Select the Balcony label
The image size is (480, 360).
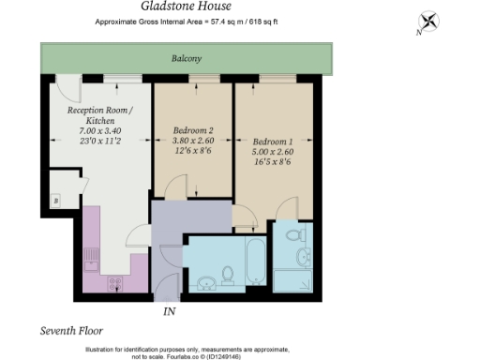[186, 59]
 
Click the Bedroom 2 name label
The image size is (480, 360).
[193, 130]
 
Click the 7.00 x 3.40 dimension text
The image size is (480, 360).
[99, 129]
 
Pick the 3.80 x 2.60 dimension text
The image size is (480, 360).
[193, 142]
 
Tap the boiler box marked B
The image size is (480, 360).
[55, 201]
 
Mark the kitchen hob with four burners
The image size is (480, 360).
[116, 281]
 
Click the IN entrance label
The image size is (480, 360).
[170, 310]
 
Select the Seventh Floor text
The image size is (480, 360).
[71, 331]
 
